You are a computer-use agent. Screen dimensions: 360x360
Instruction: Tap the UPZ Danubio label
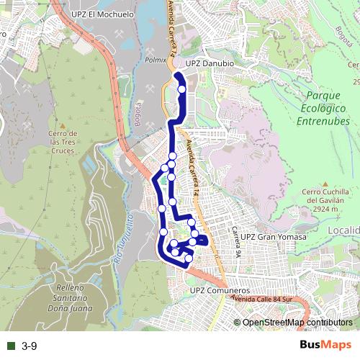[x=210, y=63]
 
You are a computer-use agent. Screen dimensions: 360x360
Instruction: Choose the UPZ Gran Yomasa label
[x=274, y=237]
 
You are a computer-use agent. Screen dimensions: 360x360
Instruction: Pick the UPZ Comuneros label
[x=217, y=290]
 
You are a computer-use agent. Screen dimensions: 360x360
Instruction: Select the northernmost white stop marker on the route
[x=182, y=89]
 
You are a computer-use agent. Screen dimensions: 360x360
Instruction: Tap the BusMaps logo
[x=325, y=345]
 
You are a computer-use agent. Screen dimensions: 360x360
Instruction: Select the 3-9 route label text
[x=29, y=346]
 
